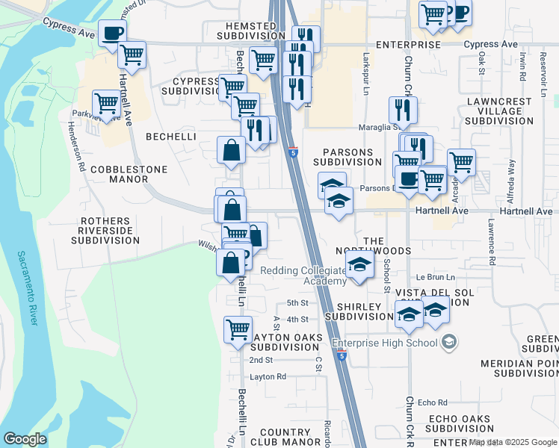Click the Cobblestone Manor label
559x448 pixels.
coord(129,174)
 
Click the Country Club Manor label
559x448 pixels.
coord(285,437)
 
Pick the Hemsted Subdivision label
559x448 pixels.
coord(246,31)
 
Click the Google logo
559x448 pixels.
coord(25,439)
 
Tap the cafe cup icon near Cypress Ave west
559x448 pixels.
coord(111,33)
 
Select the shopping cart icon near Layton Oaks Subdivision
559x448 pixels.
coord(238,329)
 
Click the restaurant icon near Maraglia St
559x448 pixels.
coord(403,110)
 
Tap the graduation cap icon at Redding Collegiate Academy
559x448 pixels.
coord(359,264)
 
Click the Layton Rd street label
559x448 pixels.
coord(268,377)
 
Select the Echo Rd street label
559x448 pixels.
coord(433,402)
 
